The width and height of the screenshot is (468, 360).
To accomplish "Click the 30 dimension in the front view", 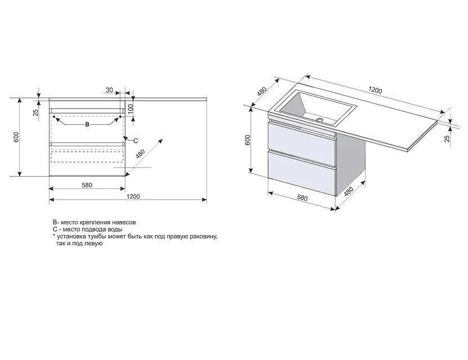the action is (110, 90).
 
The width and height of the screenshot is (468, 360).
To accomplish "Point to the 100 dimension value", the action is (130, 109).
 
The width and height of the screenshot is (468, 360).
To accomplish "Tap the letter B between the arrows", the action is (87, 124).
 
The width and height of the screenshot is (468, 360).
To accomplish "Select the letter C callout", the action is (135, 141).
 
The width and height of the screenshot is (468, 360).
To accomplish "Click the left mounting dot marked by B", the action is (54, 116).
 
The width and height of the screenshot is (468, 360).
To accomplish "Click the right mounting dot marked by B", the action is (120, 116).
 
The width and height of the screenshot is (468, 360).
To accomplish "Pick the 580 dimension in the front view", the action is (87, 185).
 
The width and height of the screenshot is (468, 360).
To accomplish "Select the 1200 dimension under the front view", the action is (133, 196).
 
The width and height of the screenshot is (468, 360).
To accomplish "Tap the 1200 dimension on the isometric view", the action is (375, 89).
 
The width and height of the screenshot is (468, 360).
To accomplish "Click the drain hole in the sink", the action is (320, 120).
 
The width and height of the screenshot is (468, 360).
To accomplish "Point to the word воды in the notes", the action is (115, 229).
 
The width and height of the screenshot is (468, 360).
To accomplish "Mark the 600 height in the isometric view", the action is (247, 140).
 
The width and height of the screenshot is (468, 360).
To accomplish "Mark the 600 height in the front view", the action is (16, 137).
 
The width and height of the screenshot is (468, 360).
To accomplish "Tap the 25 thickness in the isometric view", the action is (447, 138).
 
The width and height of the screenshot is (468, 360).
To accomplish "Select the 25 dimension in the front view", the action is (35, 112).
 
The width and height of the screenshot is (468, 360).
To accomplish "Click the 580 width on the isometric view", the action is (302, 198).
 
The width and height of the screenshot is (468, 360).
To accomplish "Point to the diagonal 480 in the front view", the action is (140, 154).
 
